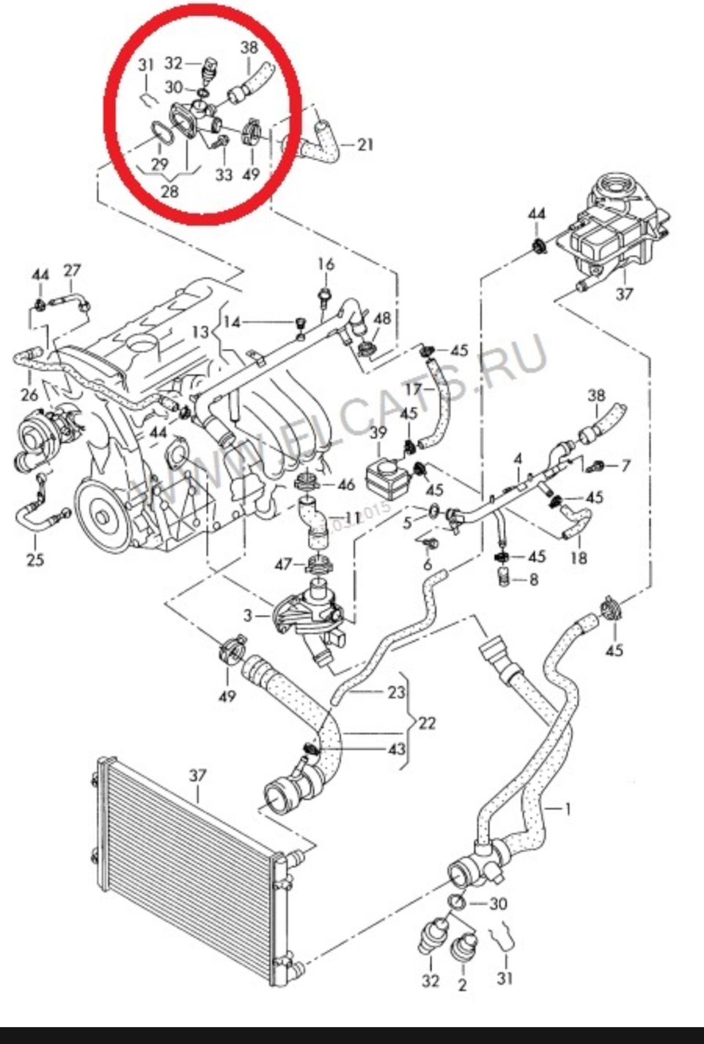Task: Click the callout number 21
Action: [x=365, y=144]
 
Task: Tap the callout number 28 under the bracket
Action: [x=169, y=192]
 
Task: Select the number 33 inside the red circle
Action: [x=223, y=174]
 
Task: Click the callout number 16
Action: [x=326, y=265]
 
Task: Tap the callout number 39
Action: [x=378, y=433]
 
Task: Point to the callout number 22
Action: [x=427, y=723]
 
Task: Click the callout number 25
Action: [x=34, y=559]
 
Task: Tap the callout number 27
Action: [x=71, y=271]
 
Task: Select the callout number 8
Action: [x=533, y=579]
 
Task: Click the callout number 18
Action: [x=578, y=557]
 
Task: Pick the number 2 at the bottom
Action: [x=462, y=985]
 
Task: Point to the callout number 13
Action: [x=201, y=331]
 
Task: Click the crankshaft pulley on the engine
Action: [x=103, y=513]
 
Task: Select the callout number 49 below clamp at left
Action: [x=227, y=695]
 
